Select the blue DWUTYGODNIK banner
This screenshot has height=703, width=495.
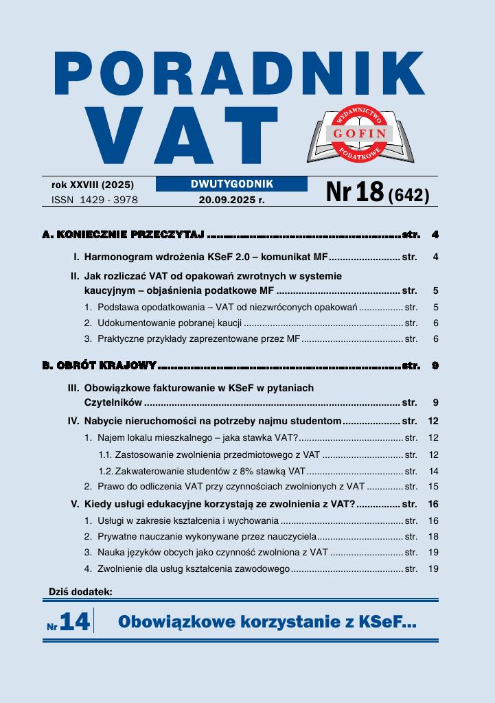[x=231, y=184]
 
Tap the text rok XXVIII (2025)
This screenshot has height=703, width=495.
[x=93, y=185]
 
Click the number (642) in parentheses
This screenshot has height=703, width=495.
[x=408, y=196]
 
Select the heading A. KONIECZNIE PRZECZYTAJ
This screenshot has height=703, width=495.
[x=124, y=235]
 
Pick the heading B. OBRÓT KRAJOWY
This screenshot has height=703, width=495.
[x=100, y=365]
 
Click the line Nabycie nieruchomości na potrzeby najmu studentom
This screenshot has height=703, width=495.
[x=212, y=421]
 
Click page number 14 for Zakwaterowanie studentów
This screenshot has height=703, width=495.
[x=433, y=471]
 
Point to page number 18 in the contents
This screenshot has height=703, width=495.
[x=433, y=536]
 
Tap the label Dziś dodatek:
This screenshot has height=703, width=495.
[x=80, y=591]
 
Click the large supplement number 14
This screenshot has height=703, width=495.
[x=75, y=622]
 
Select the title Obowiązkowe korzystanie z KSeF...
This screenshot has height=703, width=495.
[x=267, y=622]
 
